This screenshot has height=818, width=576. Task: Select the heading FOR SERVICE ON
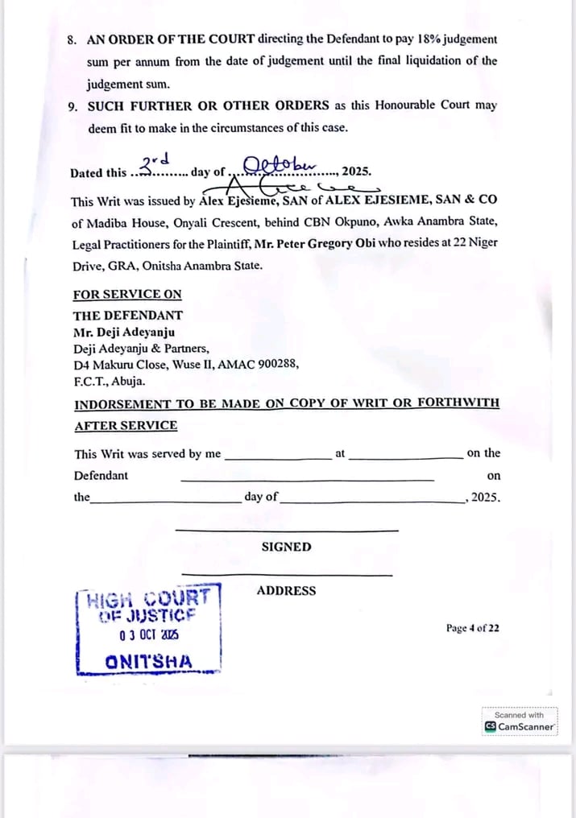[x=127, y=295]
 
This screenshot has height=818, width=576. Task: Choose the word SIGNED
[x=286, y=547]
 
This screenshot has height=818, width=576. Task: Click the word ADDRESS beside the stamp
[x=286, y=591]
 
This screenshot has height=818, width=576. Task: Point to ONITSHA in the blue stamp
[x=149, y=663]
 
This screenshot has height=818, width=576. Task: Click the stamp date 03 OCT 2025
[x=149, y=635]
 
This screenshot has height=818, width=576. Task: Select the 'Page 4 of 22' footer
[x=473, y=628]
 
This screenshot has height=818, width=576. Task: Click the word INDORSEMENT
[x=122, y=404]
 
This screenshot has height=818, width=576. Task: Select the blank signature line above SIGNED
[x=286, y=530]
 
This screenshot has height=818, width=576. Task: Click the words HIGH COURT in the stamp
[x=149, y=599]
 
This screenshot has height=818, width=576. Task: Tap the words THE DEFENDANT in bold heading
[x=128, y=316]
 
